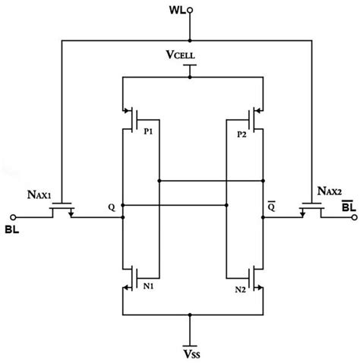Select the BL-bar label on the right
[x=346, y=207]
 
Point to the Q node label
[x=112, y=205]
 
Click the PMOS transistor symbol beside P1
[x=131, y=117]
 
